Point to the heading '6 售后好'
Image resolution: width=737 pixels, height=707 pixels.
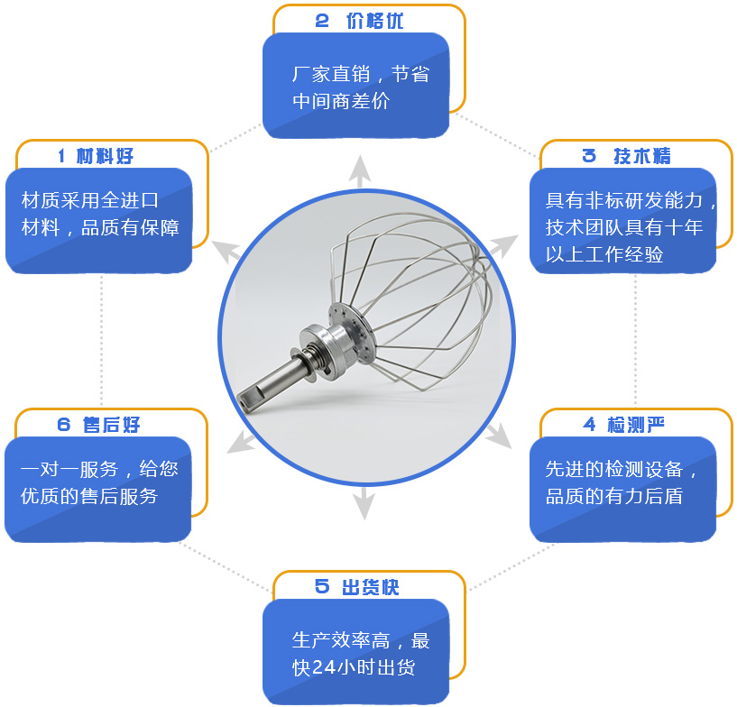pyautogui.click(x=98, y=424)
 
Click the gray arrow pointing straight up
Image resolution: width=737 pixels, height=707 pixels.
pyautogui.click(x=360, y=170)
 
